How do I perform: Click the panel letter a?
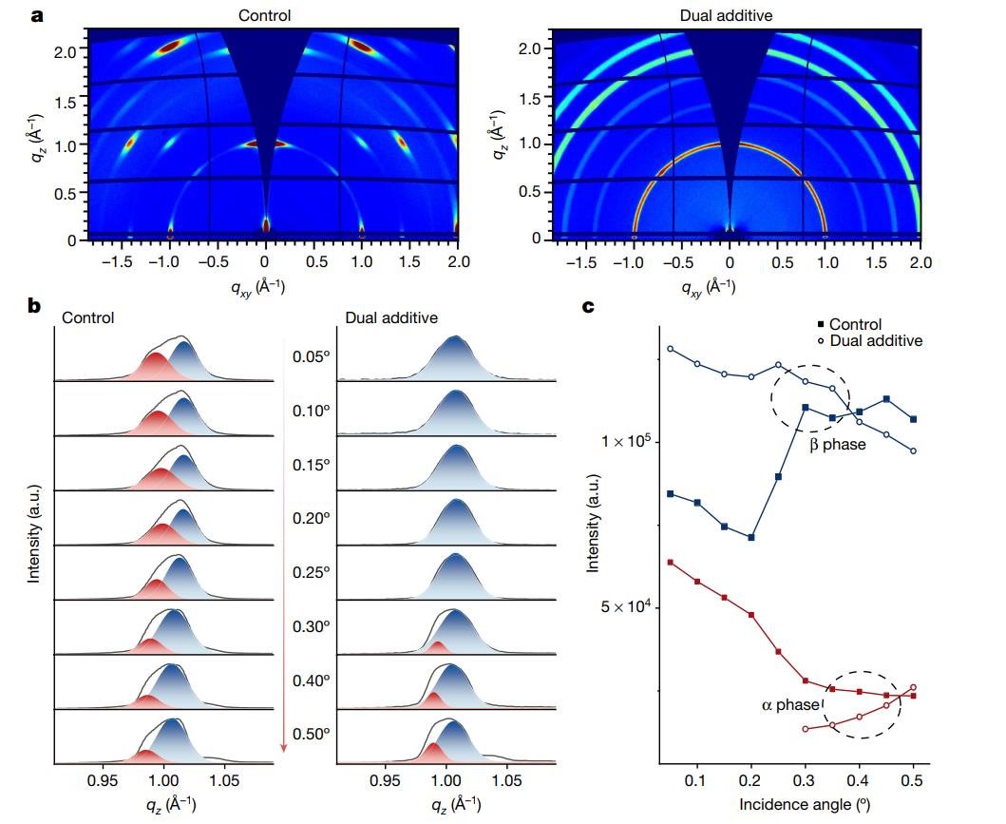coord(38,16)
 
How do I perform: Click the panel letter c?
coord(588,307)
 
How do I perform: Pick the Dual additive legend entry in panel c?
coord(869,340)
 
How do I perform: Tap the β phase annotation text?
coord(837,444)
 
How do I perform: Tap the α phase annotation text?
coord(789,705)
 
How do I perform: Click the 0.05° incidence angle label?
coord(311,356)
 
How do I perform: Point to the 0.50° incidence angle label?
coord(311,734)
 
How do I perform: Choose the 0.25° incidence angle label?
coord(311,572)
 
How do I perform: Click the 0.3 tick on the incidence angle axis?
coord(805,779)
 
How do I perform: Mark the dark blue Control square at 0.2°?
coord(751,537)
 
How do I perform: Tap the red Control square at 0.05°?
coord(670,563)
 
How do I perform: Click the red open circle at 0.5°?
coord(914,687)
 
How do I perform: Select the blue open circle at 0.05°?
coord(670,349)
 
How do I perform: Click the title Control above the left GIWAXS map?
coord(264,16)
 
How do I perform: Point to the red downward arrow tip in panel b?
coord(283,751)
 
